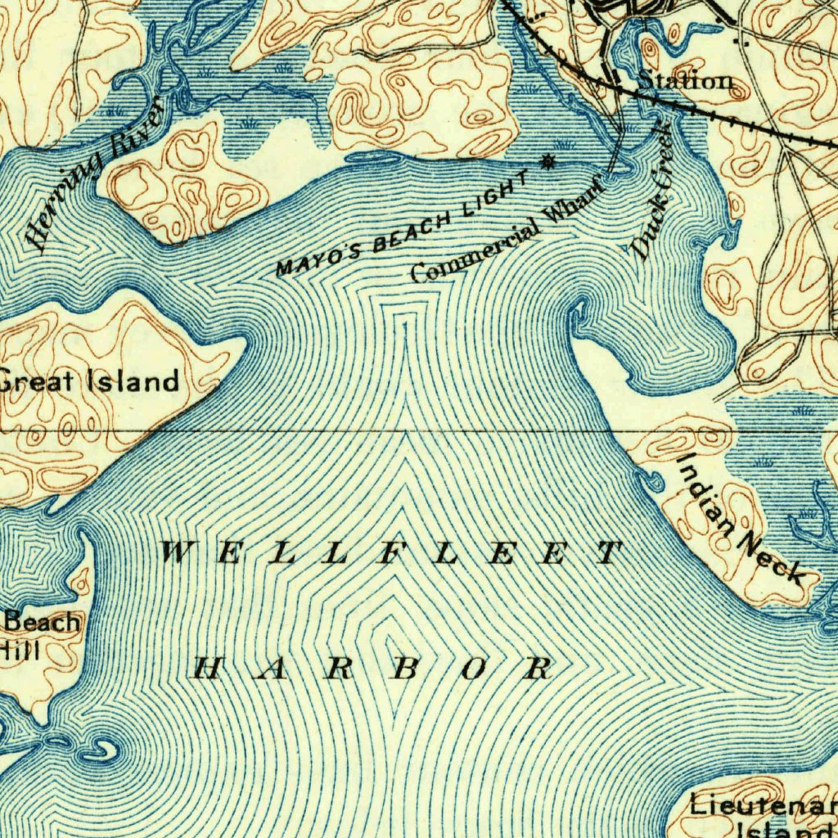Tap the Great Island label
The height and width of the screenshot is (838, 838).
point(88,381)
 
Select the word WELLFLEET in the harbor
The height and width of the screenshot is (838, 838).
point(390,554)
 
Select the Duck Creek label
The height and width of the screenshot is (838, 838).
point(653,192)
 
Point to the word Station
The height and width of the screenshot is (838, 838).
point(684,81)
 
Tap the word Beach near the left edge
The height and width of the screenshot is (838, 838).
point(43,622)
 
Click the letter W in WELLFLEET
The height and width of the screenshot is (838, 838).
point(173,553)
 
